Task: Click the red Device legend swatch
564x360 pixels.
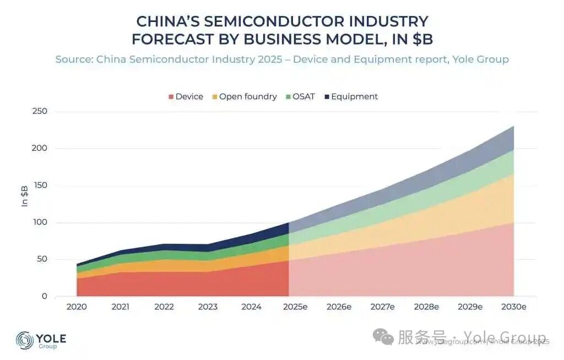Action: [171, 97]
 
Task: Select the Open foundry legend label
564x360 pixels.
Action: [248, 97]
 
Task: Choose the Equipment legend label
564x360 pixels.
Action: [354, 97]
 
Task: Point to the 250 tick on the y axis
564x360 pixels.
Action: [40, 111]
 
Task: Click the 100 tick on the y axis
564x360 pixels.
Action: [40, 222]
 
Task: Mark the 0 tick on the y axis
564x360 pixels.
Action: [44, 297]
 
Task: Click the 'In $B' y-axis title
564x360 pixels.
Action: [25, 196]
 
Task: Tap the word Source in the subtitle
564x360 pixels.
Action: [73, 59]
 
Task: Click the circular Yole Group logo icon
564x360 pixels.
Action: [25, 340]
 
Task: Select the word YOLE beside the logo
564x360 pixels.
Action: [51, 337]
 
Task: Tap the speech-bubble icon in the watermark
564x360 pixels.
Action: [383, 337]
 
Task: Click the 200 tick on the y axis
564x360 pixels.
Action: [40, 148]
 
